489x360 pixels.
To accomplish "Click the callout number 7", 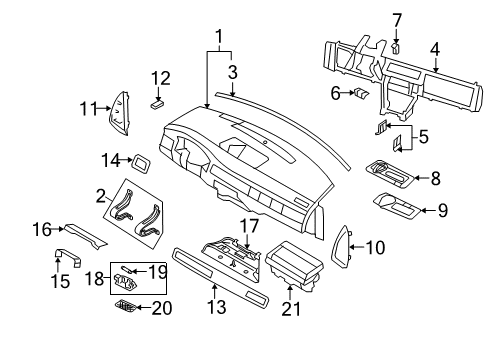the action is (397, 21).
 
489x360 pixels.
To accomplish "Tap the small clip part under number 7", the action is (396, 48).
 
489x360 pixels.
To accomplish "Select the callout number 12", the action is (161, 79).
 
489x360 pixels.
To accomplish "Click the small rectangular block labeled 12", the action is (157, 104).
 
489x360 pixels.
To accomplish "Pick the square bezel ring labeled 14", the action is (142, 164).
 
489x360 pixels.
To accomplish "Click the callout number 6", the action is (336, 93).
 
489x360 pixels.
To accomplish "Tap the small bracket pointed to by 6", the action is (361, 93).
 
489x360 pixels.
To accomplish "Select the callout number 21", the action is (291, 309).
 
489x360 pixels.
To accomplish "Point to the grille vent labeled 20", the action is (125, 306).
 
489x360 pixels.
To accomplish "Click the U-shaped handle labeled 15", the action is (68, 257).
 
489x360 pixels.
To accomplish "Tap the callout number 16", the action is (42, 229).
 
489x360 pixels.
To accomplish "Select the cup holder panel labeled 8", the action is (390, 175).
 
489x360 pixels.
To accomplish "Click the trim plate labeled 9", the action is (397, 206).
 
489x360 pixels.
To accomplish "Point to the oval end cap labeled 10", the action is (340, 247).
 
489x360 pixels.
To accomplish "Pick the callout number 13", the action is (217, 307).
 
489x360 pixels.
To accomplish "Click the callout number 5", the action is (423, 137).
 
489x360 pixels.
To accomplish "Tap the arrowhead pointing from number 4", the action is (436, 69).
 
